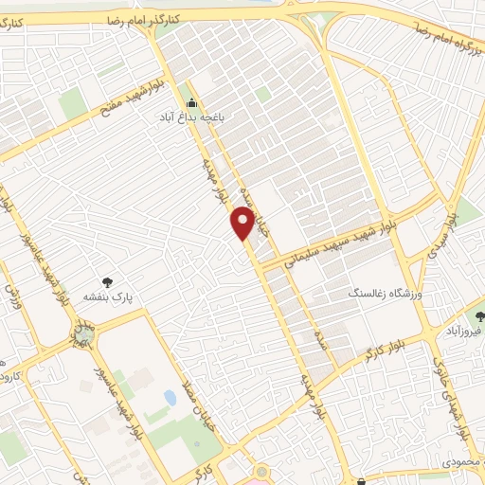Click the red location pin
click(x=243, y=224)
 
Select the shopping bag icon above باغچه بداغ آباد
click(x=192, y=103)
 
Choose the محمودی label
click(x=462, y=463)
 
